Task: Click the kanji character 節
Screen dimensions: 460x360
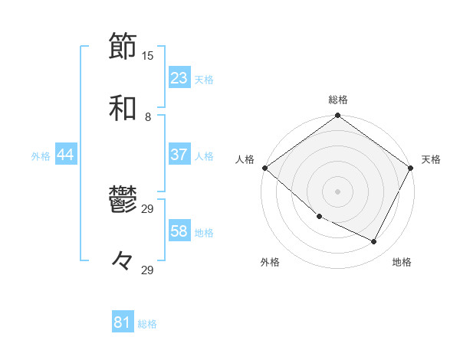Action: point(123,46)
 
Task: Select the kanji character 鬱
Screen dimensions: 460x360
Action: point(123,201)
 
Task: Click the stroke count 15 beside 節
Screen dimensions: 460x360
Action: point(148,55)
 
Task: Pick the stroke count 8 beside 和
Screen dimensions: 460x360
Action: point(148,117)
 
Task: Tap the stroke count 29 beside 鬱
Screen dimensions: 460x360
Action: point(148,208)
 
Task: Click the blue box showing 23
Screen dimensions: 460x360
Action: point(179,77)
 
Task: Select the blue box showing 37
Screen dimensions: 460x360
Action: point(179,155)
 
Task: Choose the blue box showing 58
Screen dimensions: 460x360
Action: point(179,231)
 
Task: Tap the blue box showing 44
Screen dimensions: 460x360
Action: point(66,155)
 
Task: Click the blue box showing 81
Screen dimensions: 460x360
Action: point(122,322)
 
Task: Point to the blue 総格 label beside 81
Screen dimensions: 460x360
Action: point(147,324)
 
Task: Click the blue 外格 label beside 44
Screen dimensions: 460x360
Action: point(41,156)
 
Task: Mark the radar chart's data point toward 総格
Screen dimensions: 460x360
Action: point(337,116)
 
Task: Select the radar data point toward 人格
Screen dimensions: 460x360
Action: point(264,168)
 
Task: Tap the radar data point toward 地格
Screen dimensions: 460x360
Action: point(374,241)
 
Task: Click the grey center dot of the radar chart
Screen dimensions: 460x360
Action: point(337,191)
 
